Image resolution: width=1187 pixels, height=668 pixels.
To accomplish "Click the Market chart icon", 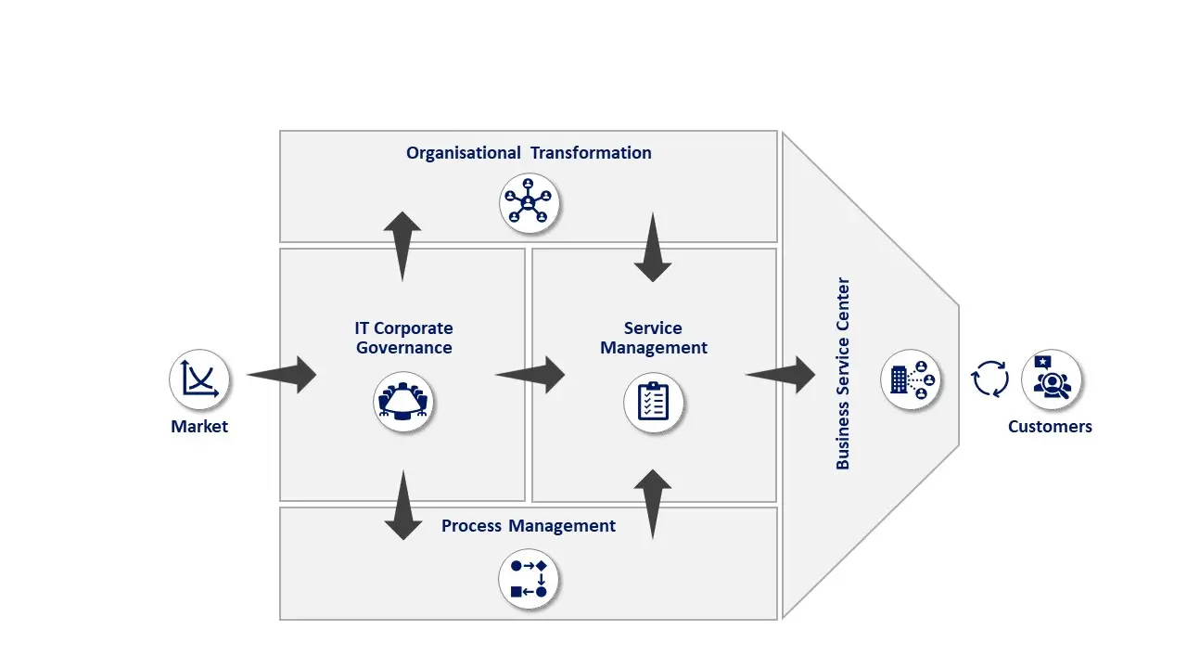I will (199, 379).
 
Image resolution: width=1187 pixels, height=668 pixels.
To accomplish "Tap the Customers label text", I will (1050, 427).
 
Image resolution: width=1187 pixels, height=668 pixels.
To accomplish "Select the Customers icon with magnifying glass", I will (1052, 379).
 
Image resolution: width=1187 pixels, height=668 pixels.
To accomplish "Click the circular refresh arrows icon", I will (989, 379).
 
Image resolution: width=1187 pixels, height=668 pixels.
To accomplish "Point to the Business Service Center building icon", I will (911, 379).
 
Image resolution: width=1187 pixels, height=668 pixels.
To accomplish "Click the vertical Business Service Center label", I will (843, 373).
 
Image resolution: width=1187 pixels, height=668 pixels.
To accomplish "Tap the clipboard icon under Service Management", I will (654, 403).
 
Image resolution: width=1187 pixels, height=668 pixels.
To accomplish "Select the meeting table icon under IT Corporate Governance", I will (403, 402).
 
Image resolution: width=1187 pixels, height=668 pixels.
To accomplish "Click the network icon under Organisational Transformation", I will (529, 203).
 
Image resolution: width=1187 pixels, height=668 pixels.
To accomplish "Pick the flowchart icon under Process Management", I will (529, 579).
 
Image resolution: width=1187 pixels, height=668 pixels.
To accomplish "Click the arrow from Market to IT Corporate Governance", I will (284, 375).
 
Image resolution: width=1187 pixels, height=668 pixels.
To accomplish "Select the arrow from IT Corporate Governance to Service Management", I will (531, 375).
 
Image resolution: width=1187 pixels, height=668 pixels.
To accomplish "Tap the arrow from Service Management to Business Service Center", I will (782, 375).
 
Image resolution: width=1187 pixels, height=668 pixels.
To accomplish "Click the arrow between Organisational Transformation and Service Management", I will (653, 247).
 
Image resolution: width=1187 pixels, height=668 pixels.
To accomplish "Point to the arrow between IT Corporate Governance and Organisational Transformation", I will (402, 246).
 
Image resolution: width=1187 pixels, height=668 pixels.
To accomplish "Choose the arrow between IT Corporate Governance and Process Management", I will (403, 505).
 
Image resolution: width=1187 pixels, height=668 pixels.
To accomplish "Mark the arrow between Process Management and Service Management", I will (653, 504).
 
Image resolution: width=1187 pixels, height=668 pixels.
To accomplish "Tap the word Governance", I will (404, 348).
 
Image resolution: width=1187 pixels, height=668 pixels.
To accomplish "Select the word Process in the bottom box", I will (471, 526).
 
